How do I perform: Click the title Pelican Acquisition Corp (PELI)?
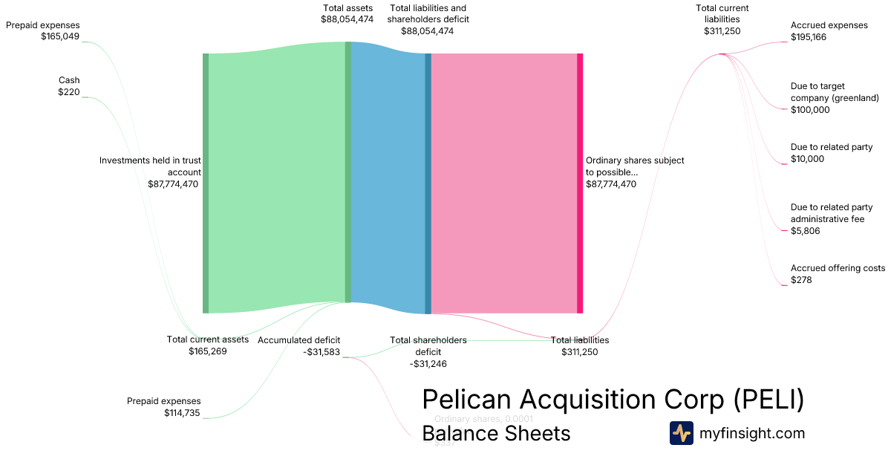[x=613, y=400]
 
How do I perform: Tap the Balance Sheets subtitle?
[x=496, y=433]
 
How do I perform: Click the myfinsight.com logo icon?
[x=681, y=433]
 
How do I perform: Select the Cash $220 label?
[x=69, y=86]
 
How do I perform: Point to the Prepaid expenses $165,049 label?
[x=43, y=30]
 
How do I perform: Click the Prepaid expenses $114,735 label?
[x=163, y=407]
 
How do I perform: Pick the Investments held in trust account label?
[x=151, y=172]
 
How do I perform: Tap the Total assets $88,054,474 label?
[x=347, y=14]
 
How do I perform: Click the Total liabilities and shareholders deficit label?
[x=428, y=19]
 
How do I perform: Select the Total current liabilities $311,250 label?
[x=722, y=19]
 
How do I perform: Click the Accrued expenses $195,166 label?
[x=829, y=31]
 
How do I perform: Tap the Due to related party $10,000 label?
[x=831, y=153]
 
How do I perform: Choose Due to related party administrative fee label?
[x=832, y=219]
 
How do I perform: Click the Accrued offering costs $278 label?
[x=837, y=274]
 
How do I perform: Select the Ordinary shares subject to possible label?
[x=635, y=172]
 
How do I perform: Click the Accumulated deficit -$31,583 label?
[x=299, y=346]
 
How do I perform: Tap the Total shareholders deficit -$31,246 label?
[x=428, y=351]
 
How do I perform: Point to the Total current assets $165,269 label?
[x=207, y=345]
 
